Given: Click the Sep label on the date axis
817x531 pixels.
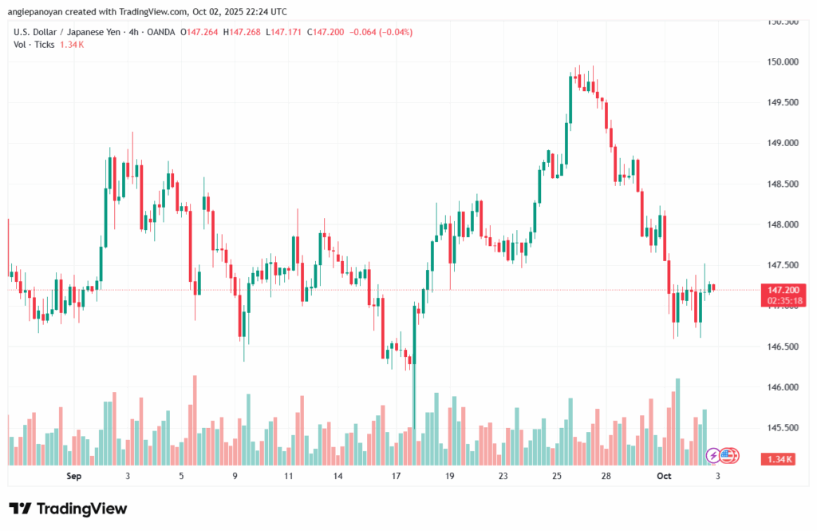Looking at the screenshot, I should pos(74,476).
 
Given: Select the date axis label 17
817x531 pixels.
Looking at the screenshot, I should pos(396,476).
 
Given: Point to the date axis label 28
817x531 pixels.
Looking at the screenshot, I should pos(606,476).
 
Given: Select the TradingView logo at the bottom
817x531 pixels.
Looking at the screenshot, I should pos(68,509).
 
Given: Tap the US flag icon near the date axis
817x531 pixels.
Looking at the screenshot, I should pos(727,456).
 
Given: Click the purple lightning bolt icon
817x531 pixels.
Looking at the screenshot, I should pos(713,456).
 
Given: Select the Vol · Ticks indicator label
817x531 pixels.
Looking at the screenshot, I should pos(34,45).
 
